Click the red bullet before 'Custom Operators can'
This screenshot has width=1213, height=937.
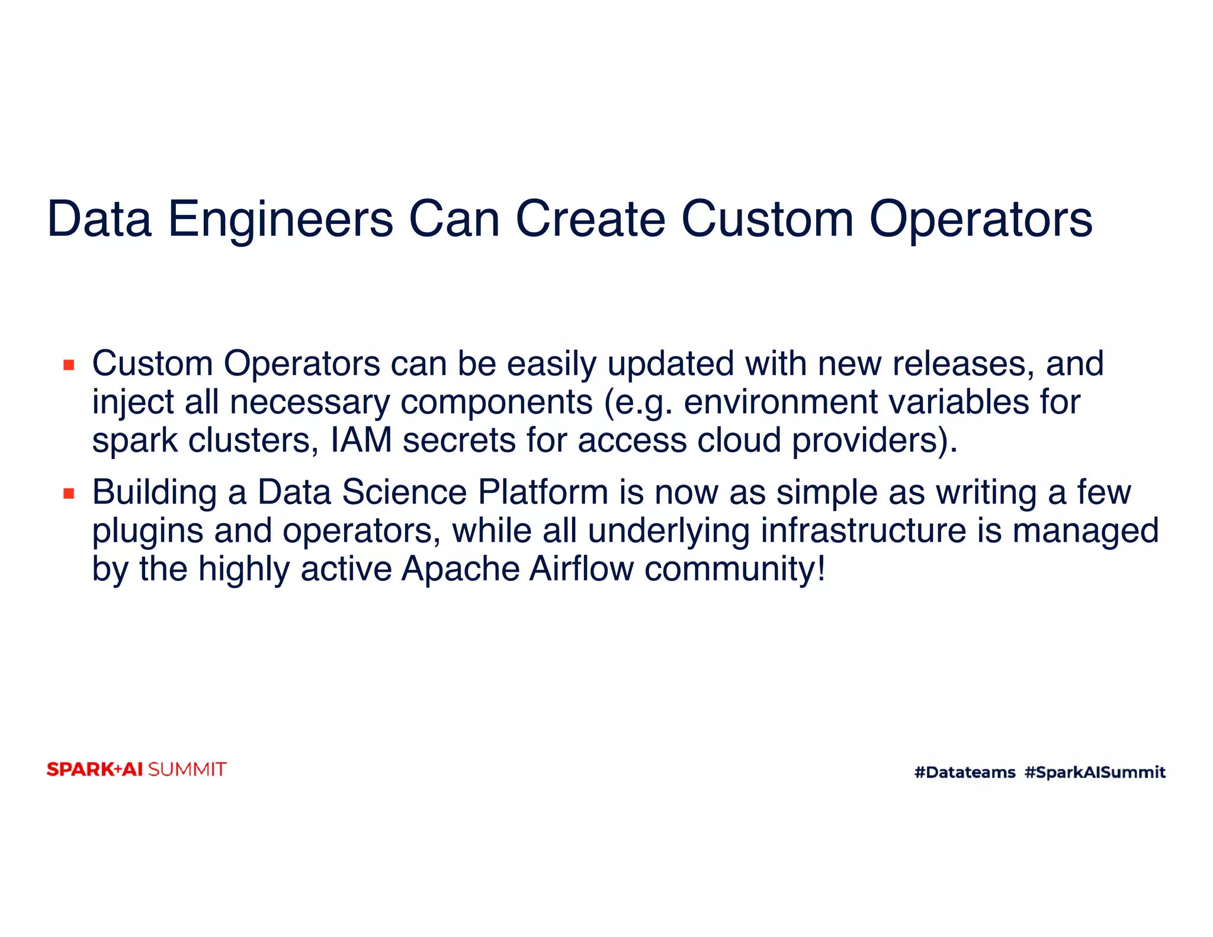69,365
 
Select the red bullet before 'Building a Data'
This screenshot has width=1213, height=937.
69,493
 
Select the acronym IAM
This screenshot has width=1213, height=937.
361,441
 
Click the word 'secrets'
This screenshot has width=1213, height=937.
459,441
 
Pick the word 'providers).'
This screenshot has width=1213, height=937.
875,441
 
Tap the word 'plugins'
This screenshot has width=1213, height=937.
147,531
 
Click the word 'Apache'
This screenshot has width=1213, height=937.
460,569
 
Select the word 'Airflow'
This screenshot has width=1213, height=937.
581,569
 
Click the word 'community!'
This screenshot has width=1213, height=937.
734,569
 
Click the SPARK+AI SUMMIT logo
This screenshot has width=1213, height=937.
136,769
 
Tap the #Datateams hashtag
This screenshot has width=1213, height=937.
964,772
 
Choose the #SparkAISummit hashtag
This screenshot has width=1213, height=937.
1095,772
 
